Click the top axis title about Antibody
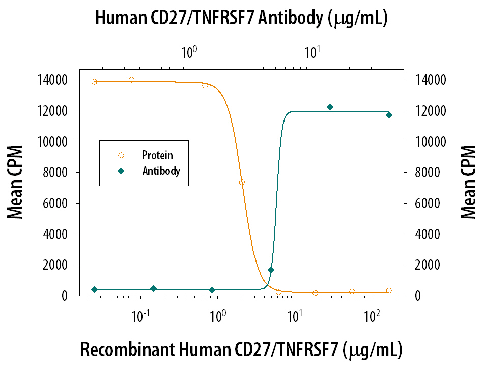242,19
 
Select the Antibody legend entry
161,171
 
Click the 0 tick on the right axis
418,296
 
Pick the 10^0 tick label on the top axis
189,52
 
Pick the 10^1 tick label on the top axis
312,52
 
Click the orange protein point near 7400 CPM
242,182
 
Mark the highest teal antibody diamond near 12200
330,107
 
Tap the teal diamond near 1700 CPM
271,270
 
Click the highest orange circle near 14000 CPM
131,80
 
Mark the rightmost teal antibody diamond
389,115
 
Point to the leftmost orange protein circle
94,82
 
